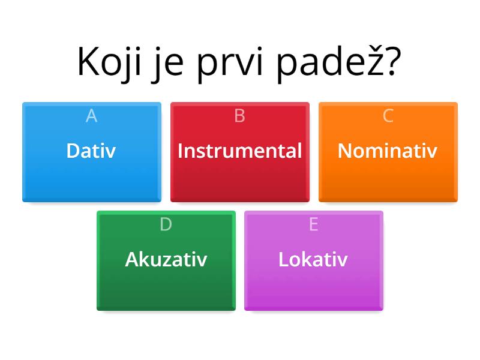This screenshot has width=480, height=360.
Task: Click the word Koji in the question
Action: click(x=109, y=64)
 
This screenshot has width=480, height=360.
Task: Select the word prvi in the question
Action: click(x=230, y=64)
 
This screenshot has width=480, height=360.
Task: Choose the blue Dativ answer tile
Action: click(x=92, y=152)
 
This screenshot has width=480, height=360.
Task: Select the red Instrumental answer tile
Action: click(x=240, y=152)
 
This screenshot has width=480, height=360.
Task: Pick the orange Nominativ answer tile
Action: click(x=388, y=152)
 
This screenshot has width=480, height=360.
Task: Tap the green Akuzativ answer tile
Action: click(x=166, y=260)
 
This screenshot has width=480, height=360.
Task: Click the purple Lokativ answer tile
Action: click(x=314, y=260)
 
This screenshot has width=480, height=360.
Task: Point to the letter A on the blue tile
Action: click(x=92, y=116)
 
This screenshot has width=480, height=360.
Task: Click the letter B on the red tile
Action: click(x=239, y=116)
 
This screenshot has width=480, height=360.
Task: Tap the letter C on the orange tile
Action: click(x=388, y=116)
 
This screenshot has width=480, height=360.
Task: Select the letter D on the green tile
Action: click(x=166, y=224)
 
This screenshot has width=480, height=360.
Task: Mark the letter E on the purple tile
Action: click(x=314, y=224)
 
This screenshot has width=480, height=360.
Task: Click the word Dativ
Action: click(x=91, y=151)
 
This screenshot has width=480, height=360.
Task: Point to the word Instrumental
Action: click(x=239, y=151)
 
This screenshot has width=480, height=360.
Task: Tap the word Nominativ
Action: click(x=388, y=151)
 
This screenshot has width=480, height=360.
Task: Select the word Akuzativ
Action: click(x=166, y=259)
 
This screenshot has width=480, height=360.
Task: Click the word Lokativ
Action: click(x=313, y=259)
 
